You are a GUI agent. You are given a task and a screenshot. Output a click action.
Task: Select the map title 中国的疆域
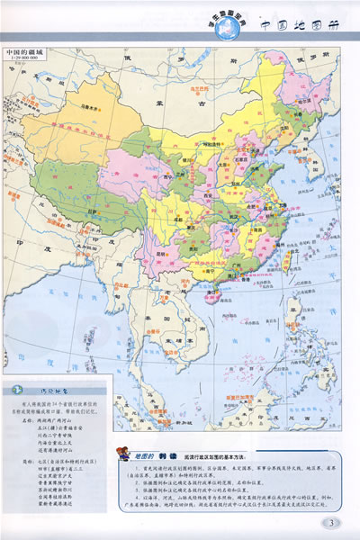click(x=27, y=53)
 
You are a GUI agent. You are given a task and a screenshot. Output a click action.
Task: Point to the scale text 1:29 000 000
click(x=27, y=60)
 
